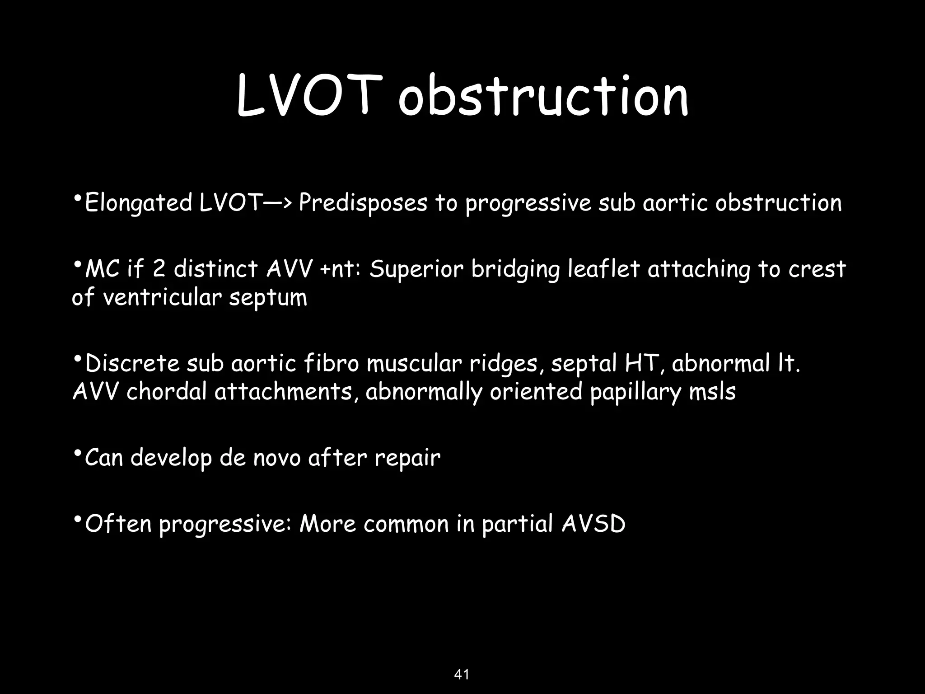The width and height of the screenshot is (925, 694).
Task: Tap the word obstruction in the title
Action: [x=543, y=96]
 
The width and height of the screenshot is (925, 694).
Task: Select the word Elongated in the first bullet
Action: [x=139, y=203]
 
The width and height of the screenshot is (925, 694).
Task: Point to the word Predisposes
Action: [x=363, y=203]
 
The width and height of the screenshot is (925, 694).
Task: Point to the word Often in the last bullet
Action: [x=118, y=524]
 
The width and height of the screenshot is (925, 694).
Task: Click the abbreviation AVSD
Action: [x=593, y=524]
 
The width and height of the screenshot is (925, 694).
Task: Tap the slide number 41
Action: [x=462, y=662]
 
